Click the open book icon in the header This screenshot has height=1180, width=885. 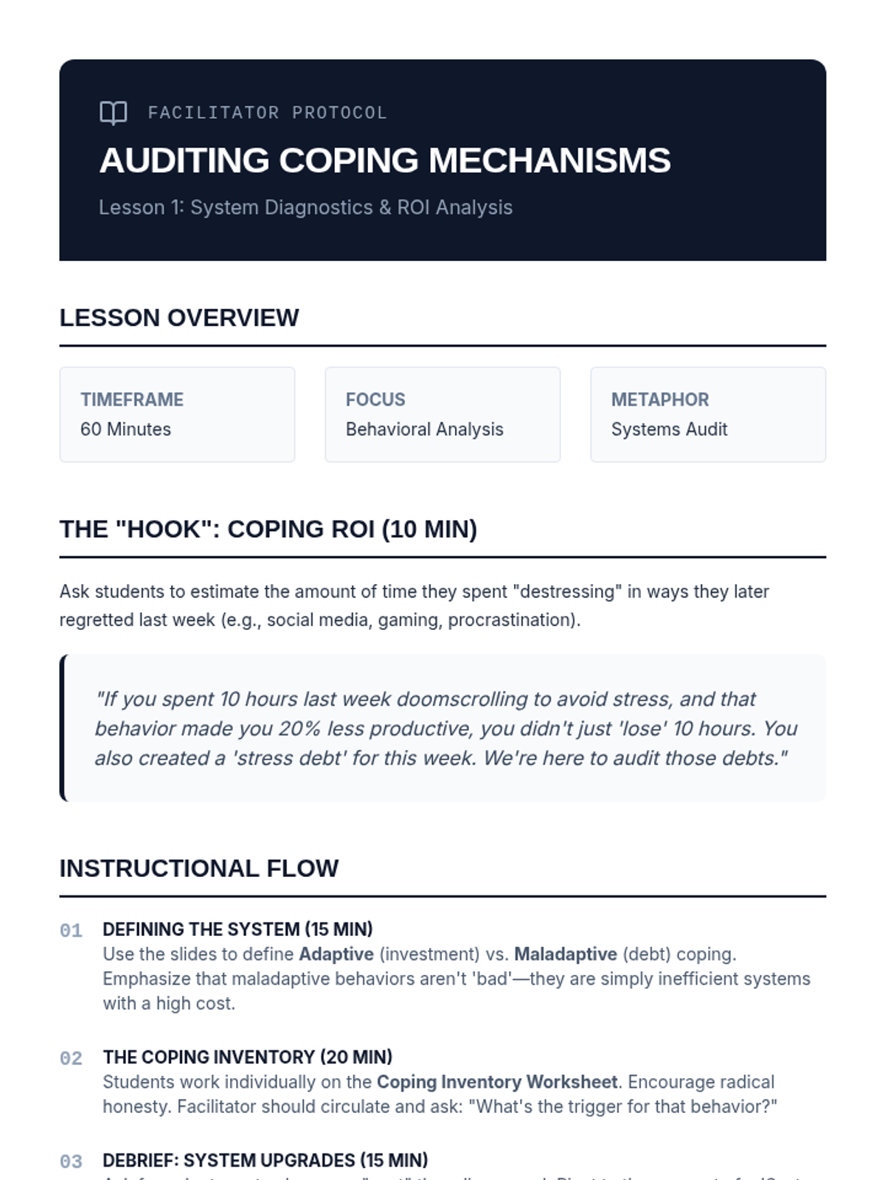(113, 113)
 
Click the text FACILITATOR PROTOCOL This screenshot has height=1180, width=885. (267, 113)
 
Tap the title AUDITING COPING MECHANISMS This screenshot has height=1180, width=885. (384, 161)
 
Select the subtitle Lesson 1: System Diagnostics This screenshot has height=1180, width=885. (305, 207)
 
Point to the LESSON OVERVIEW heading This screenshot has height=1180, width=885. (179, 318)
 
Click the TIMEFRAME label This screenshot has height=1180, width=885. (132, 400)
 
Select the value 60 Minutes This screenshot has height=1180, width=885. (125, 429)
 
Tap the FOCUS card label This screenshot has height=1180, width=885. (375, 400)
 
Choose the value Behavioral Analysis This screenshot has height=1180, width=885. (424, 429)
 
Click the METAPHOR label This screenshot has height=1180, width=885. (659, 400)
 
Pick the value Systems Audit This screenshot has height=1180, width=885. (669, 429)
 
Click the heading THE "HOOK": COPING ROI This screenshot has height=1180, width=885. (268, 530)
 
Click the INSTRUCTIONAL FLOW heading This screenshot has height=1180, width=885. (198, 869)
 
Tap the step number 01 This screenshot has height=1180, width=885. (71, 931)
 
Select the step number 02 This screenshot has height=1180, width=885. (71, 1059)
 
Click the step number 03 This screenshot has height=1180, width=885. (71, 1162)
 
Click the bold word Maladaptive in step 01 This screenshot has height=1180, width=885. (565, 954)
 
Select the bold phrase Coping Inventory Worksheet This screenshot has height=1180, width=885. (496, 1082)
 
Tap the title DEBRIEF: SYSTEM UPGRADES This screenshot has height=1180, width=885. (265, 1160)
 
